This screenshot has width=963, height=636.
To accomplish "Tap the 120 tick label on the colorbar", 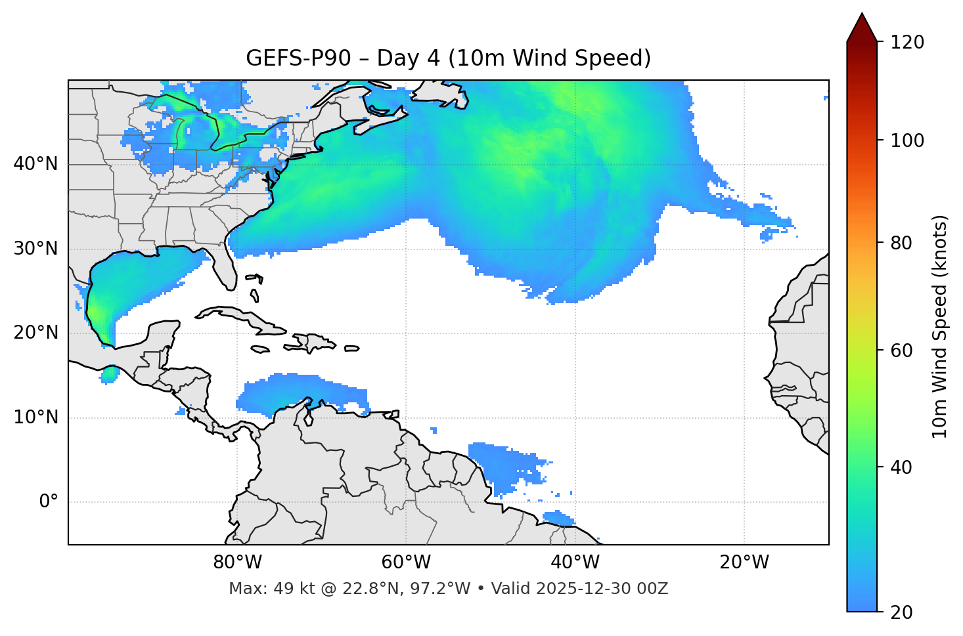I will click(x=907, y=42).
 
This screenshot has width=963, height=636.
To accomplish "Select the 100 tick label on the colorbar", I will click(x=907, y=140).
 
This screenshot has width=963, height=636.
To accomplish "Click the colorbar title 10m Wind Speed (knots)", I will click(x=940, y=326).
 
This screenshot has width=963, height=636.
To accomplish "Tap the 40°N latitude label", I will click(x=35, y=164).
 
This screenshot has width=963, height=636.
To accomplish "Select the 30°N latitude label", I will click(x=35, y=249).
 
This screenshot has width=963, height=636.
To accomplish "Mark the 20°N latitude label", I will click(x=35, y=333).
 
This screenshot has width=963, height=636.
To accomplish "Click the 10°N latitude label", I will click(x=35, y=417).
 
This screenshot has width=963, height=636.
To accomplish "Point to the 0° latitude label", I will click(x=48, y=502).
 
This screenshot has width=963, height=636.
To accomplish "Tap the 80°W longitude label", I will click(x=237, y=562).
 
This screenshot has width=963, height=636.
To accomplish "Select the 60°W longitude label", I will click(x=406, y=562).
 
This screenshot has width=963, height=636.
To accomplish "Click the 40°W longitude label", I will click(x=575, y=562).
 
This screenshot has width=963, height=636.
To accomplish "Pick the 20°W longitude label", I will click(x=744, y=562).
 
